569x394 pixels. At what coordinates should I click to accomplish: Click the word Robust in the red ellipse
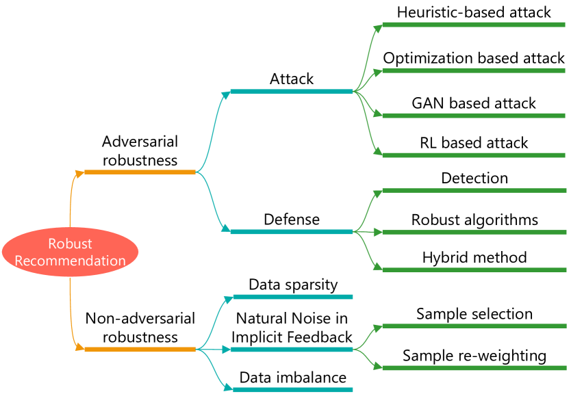pyautogui.click(x=70, y=244)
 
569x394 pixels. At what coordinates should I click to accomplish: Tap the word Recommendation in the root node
pyautogui.click(x=70, y=261)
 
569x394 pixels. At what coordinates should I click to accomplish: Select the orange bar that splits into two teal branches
pyautogui.click(x=140, y=172)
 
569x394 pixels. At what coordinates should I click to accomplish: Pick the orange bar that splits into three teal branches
pyautogui.click(x=140, y=350)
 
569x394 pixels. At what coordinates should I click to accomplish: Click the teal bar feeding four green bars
pyautogui.click(x=291, y=92)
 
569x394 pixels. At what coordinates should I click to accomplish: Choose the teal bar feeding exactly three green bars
pyautogui.click(x=291, y=232)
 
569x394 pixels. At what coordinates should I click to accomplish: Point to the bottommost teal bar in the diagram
pyautogui.click(x=292, y=390)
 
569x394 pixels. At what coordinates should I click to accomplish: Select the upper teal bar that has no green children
pyautogui.click(x=292, y=297)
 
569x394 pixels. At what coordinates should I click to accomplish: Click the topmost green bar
pyautogui.click(x=473, y=25)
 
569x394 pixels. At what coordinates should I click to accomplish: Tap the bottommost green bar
pyautogui.click(x=473, y=368)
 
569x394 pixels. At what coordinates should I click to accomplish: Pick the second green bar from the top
pyautogui.click(x=473, y=70)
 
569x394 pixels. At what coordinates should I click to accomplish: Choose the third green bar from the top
pyautogui.click(x=473, y=116)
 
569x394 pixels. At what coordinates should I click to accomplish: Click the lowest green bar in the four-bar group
pyautogui.click(x=473, y=155)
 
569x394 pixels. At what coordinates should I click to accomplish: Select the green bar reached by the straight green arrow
pyautogui.click(x=473, y=233)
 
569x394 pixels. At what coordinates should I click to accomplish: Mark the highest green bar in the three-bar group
pyautogui.click(x=473, y=190)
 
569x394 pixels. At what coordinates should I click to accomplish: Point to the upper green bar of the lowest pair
pyautogui.click(x=473, y=326)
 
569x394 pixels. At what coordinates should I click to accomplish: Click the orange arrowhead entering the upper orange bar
pyautogui.click(x=79, y=173)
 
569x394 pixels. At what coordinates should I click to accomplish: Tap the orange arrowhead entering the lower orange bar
pyautogui.click(x=79, y=349)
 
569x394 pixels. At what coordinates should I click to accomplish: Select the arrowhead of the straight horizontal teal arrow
pyautogui.click(x=226, y=350)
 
